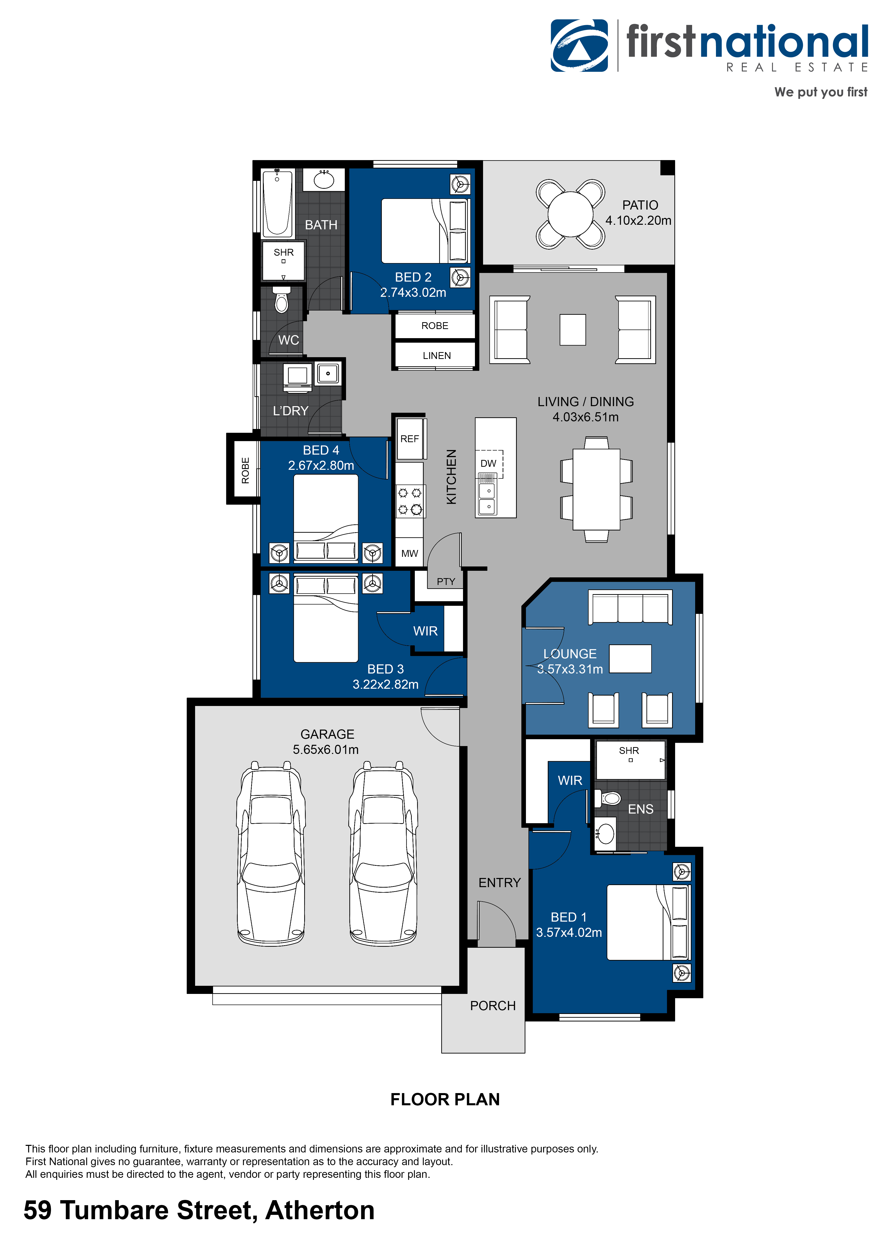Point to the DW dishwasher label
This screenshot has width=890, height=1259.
[488, 463]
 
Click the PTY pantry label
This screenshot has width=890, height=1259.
[446, 581]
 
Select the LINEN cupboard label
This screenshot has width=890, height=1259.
[436, 355]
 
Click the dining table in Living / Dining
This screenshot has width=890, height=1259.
[596, 489]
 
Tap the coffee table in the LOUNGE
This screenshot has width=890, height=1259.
[630, 659]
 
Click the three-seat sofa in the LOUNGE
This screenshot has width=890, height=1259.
[630, 607]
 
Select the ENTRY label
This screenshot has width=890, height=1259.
[499, 882]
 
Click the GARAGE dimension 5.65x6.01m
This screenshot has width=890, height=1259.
[326, 749]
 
